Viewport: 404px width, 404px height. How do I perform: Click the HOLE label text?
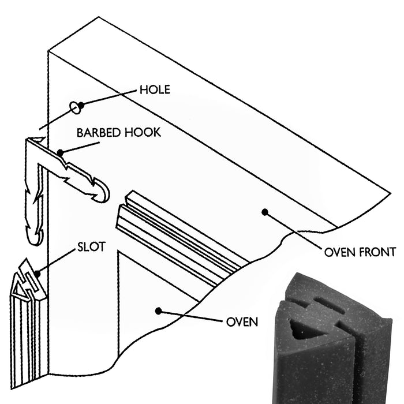pyautogui.click(x=155, y=90)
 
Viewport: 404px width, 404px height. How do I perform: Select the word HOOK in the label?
pyautogui.click(x=143, y=132)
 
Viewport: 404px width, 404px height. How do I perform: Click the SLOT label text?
pyautogui.click(x=91, y=247)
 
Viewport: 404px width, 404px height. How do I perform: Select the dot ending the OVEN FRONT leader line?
pyautogui.click(x=265, y=212)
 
